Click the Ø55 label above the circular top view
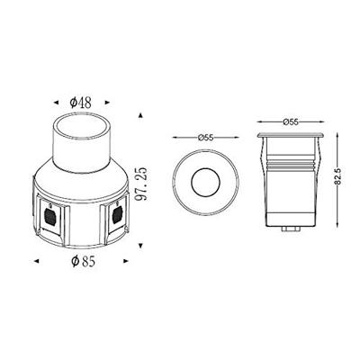point(205,136)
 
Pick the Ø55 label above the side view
point(289,120)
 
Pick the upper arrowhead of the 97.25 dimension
point(143,115)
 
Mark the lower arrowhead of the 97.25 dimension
point(143,243)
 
